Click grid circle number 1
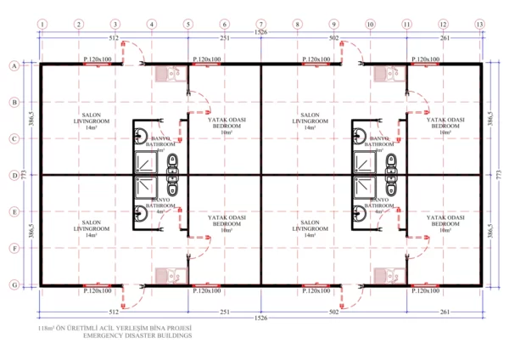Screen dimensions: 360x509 pyautogui.click(x=42, y=24)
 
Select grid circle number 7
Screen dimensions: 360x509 pyautogui.click(x=261, y=24)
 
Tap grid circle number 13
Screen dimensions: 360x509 pyautogui.click(x=480, y=24)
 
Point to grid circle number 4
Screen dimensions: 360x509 pyautogui.click(x=151, y=24)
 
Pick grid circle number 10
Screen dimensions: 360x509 pyautogui.click(x=371, y=24)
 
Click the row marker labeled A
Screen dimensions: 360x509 pyautogui.click(x=14, y=65)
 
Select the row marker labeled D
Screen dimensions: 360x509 pyautogui.click(x=14, y=176)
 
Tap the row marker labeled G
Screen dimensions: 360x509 pyautogui.click(x=14, y=286)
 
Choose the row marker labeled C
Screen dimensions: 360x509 pyautogui.click(x=14, y=138)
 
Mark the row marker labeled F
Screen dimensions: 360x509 pyautogui.click(x=14, y=250)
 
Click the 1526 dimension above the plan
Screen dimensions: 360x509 pyautogui.click(x=260, y=33)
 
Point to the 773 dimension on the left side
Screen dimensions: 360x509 pyautogui.click(x=23, y=176)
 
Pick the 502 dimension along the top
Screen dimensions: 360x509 pyautogui.click(x=333, y=38)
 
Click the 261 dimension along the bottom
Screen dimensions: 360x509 pyautogui.click(x=444, y=312)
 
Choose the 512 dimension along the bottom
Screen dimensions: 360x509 pyautogui.click(x=115, y=312)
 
